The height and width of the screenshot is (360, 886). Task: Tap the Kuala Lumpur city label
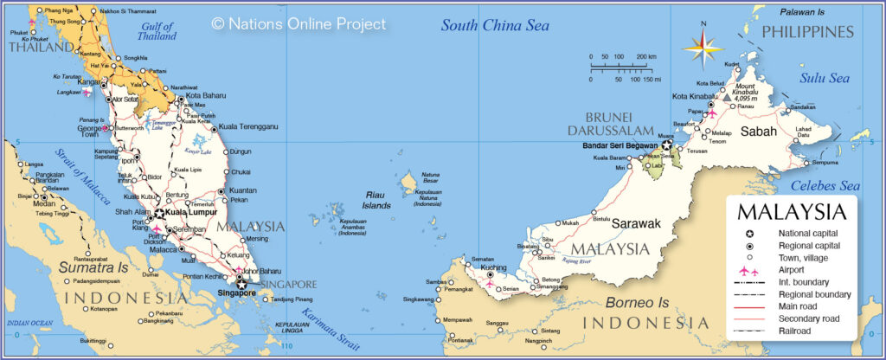point(192,211)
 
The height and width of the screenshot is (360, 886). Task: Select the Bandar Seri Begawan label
point(620,145)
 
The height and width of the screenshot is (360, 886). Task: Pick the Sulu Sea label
point(825,78)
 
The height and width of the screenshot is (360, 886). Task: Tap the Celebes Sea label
point(827,186)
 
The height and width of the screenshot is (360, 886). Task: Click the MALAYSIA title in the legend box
point(790,213)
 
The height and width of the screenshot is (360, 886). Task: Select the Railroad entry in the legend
point(794,331)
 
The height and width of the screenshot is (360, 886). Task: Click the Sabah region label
point(759,132)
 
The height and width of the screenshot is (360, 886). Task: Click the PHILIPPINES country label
point(807,32)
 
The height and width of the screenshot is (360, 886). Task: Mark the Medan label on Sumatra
point(44,204)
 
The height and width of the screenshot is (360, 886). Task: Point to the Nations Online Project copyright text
point(299,24)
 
